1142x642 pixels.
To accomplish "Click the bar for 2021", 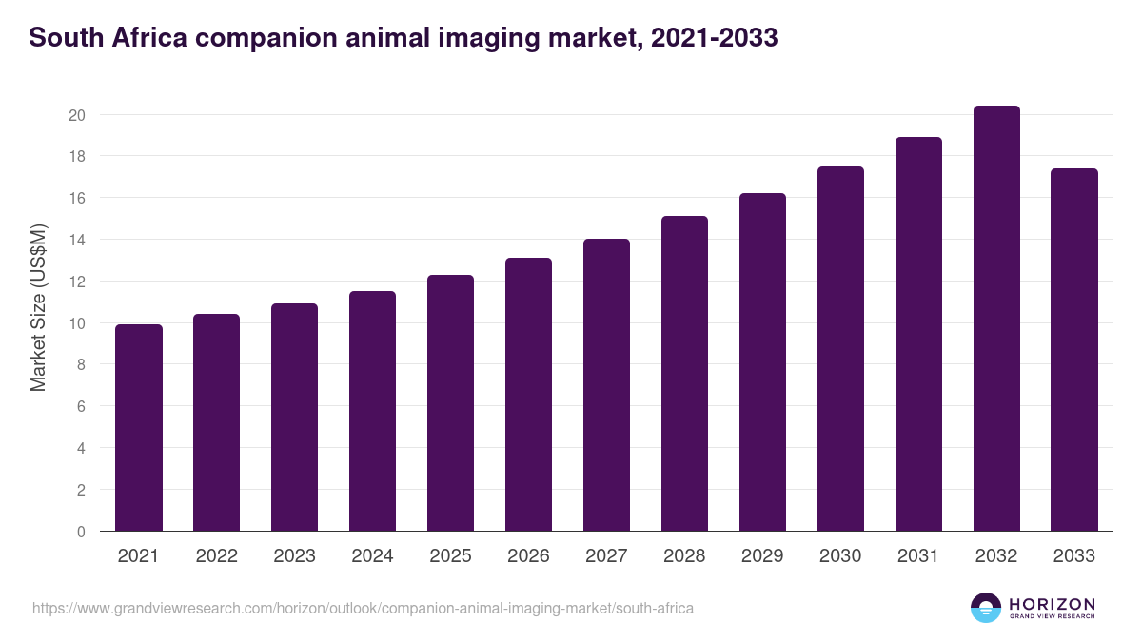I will (x=139, y=428).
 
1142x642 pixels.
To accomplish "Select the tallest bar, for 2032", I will (x=996, y=319).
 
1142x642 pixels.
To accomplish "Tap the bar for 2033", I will (x=1074, y=350).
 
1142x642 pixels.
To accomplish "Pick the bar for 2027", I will (x=606, y=385).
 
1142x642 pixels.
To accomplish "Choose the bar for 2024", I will (x=372, y=411).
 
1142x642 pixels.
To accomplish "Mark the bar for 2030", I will (x=840, y=349).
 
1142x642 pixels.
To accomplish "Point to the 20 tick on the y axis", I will (x=77, y=115).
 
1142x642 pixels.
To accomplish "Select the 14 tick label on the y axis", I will (x=77, y=240).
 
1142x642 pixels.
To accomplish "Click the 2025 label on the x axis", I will (x=450, y=556).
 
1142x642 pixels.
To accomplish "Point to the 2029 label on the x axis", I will (x=762, y=556).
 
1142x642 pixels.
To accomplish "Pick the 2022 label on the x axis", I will (x=216, y=556).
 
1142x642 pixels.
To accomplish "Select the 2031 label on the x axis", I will (x=918, y=556).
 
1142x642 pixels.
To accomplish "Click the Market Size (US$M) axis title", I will (x=38, y=307).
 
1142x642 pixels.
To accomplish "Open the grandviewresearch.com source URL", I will (x=363, y=608).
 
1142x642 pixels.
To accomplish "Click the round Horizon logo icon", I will (x=986, y=608).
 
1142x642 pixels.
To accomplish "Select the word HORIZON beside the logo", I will (x=1052, y=604).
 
